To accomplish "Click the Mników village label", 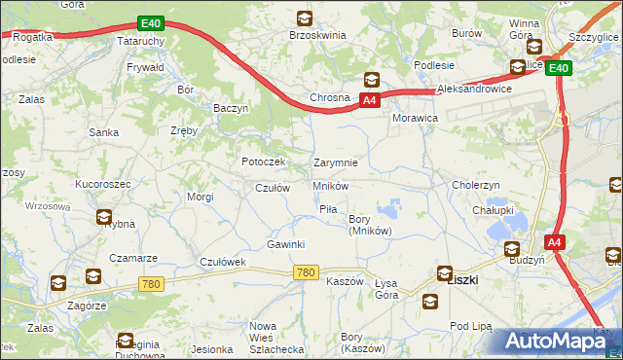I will pos(331,185).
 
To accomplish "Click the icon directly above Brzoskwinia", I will pos(304,18).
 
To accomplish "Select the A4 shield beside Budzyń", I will pos(553,242).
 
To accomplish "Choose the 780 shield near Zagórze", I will pos(150,284).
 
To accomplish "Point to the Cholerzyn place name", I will pos(476,184).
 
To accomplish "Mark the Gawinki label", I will pos(286,243).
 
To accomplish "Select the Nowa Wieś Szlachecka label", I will pos(276,337).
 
